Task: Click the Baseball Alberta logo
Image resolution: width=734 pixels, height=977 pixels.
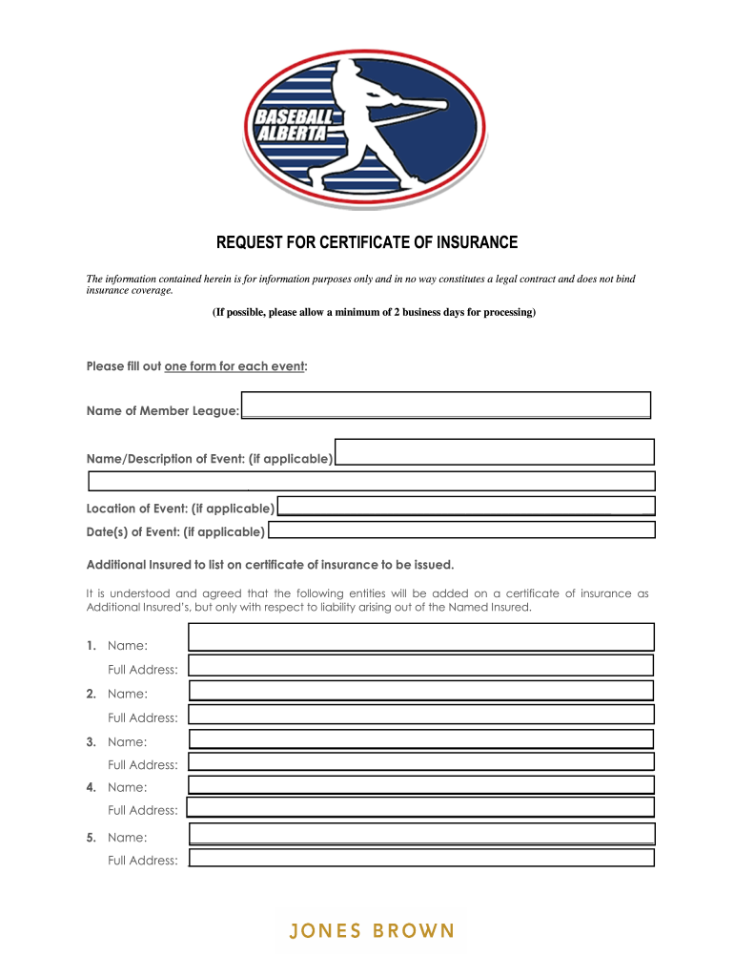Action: (x=366, y=121)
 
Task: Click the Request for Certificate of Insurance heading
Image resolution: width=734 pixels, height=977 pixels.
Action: (x=367, y=242)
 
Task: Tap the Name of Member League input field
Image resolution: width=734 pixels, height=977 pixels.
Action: (x=446, y=405)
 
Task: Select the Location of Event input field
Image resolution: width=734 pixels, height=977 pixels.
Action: (x=465, y=507)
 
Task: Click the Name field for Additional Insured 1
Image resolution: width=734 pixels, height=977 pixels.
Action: (x=421, y=636)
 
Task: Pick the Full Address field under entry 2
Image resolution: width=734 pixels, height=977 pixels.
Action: (x=421, y=715)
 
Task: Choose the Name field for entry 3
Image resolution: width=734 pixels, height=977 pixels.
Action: (x=421, y=738)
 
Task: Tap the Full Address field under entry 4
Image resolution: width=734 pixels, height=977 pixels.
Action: (x=420, y=807)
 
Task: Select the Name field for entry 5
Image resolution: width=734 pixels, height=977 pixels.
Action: (x=422, y=834)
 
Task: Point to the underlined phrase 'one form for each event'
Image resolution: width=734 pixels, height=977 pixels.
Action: (x=234, y=366)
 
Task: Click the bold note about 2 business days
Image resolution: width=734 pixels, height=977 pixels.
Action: (x=374, y=312)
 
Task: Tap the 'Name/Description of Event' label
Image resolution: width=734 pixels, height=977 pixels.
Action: (x=210, y=459)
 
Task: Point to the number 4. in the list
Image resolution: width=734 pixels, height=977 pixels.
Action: (x=92, y=787)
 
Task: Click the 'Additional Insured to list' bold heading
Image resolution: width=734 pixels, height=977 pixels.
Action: (x=264, y=564)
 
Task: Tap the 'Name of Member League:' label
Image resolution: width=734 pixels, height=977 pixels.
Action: (x=163, y=411)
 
